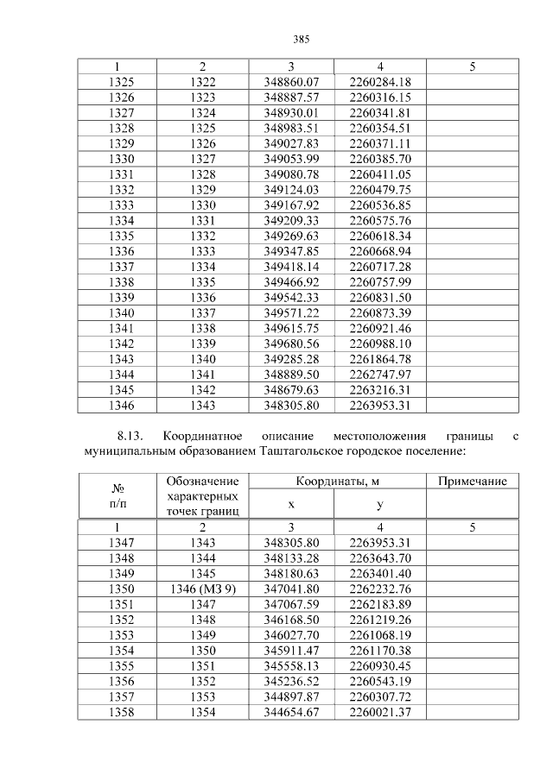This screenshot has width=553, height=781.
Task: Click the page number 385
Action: [302, 40]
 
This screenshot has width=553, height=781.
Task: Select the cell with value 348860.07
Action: [291, 82]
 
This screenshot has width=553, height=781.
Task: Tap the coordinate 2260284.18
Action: [380, 82]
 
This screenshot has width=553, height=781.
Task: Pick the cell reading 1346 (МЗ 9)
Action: [202, 589]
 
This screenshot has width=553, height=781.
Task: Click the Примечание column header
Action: [472, 481]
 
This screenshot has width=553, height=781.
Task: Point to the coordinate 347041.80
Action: [291, 589]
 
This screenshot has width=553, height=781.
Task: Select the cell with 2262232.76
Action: [380, 589]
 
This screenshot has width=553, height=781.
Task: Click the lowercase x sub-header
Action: [291, 504]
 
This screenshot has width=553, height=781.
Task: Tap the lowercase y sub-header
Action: [380, 504]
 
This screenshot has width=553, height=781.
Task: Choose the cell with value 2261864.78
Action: [380, 359]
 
